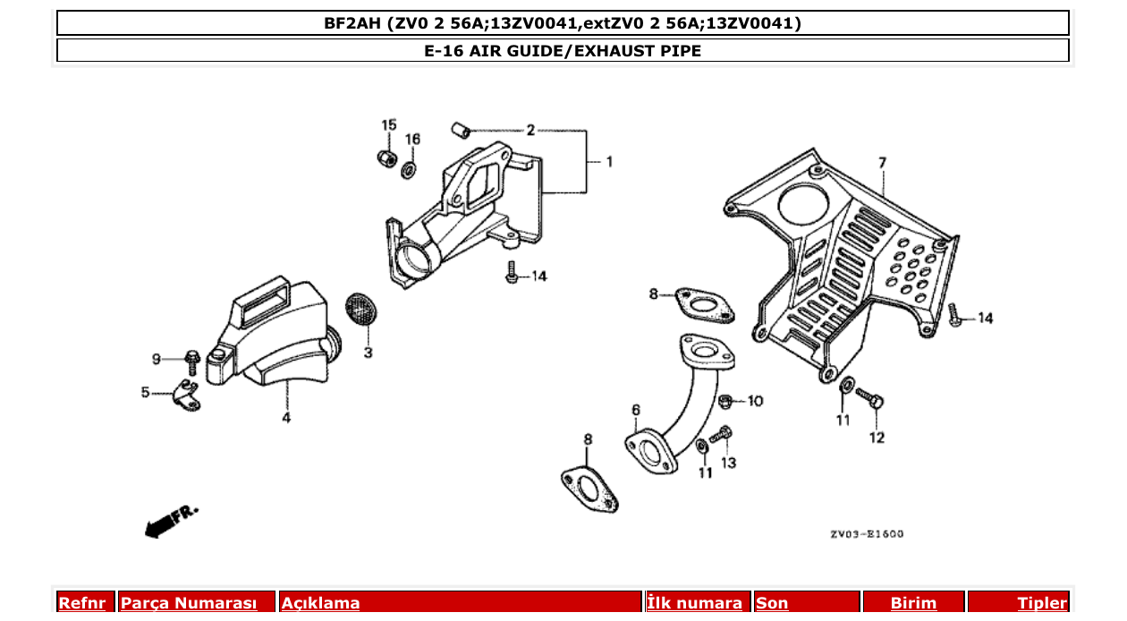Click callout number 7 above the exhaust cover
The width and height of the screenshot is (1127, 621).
coord(882,163)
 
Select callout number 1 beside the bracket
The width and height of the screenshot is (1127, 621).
coord(609,162)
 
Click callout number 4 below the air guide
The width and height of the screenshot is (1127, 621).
coord(286,418)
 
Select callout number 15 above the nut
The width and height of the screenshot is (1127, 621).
coord(388,124)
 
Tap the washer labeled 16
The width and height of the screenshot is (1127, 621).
coord(408,169)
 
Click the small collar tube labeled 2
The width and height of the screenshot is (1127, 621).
coord(461,131)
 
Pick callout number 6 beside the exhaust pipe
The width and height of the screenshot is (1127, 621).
coord(635,410)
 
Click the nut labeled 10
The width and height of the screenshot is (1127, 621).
coord(727,399)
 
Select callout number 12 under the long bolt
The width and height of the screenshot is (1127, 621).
coord(877,438)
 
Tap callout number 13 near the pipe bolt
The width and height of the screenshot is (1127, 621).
coord(729,463)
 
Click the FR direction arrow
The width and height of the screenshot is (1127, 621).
coord(168,523)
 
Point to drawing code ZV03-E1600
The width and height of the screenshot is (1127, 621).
coord(866,534)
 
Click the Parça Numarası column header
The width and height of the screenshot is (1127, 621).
coord(189,603)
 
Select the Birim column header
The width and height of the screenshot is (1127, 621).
coord(913,603)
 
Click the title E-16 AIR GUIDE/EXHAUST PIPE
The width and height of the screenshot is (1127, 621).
coord(563,51)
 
